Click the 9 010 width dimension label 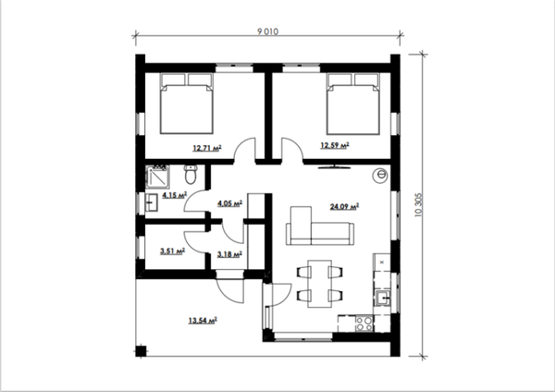click(267, 31)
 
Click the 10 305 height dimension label click(418, 204)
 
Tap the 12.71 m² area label click(207, 148)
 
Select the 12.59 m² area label click(335, 145)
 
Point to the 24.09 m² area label click(344, 206)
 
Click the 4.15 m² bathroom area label click(174, 195)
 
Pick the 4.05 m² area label click(229, 203)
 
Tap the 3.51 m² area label click(172, 251)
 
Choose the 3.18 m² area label click(229, 254)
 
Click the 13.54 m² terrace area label click(203, 321)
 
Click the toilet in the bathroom click(191, 175)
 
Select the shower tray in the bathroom click(157, 177)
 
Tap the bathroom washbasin click(152, 202)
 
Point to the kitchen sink click(383, 298)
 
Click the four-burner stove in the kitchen click(364, 324)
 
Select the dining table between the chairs click(320, 284)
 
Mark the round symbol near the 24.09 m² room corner click(380, 175)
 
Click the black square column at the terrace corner click(141, 351)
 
